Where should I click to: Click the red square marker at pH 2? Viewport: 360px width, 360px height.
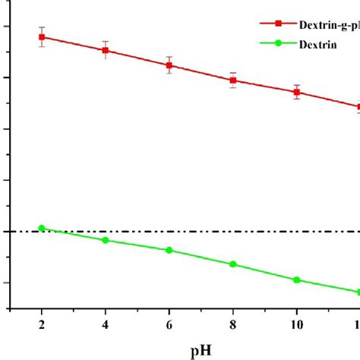point(42,36)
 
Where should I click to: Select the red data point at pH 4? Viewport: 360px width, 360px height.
point(106,50)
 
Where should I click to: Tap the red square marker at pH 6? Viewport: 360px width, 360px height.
point(169,65)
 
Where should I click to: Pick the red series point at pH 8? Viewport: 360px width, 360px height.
point(233,80)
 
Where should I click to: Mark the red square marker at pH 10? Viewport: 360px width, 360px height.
point(297,92)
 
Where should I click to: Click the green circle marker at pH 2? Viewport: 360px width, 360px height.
point(42,228)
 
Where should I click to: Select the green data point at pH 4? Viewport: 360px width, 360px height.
point(106,240)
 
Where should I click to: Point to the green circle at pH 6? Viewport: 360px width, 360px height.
point(169,250)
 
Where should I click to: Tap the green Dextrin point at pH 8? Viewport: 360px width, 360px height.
point(233,264)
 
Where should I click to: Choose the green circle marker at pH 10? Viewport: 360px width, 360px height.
point(297,280)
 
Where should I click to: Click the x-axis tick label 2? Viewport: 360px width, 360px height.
point(42,324)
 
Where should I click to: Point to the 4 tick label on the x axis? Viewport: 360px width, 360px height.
point(106,324)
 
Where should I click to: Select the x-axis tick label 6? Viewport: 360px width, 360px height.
point(169,324)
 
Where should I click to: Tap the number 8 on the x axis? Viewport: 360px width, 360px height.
point(233,324)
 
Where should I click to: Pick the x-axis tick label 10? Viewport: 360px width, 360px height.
point(297,324)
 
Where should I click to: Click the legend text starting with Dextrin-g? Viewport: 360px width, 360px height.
point(323,24)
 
